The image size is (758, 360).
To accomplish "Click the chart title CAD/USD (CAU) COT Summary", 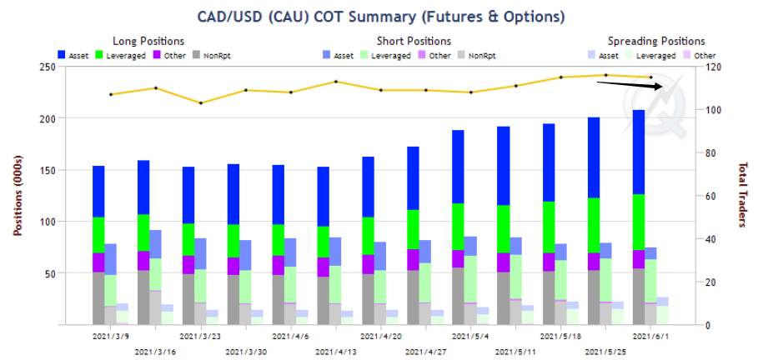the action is pos(304,17).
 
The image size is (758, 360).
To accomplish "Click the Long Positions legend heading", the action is pos(148,41).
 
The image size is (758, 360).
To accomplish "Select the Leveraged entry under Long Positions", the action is pos(125,56).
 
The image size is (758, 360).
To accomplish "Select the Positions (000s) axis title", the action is pos(18,195).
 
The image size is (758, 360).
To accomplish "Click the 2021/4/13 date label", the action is pos(335,352).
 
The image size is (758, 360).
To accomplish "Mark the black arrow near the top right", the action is pos(630,84).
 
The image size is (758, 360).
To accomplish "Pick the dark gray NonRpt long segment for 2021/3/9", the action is pos(98,298).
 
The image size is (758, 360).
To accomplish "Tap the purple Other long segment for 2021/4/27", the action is pos(414,259).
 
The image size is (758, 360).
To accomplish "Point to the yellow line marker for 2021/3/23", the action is pos(201,103).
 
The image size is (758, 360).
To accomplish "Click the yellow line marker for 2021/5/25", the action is pos(605,75).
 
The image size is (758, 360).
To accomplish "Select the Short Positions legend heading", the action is pos(414,41).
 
